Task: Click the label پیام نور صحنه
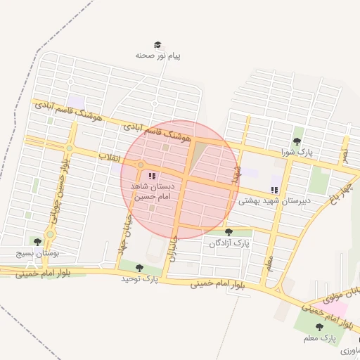point(158,55)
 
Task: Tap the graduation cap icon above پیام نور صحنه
point(157,44)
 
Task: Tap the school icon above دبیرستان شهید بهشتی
point(274,190)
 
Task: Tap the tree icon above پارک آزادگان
point(229,232)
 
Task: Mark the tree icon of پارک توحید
point(139,268)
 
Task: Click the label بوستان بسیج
point(38,252)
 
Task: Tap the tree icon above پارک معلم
point(319,327)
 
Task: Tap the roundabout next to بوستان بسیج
point(49,235)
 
